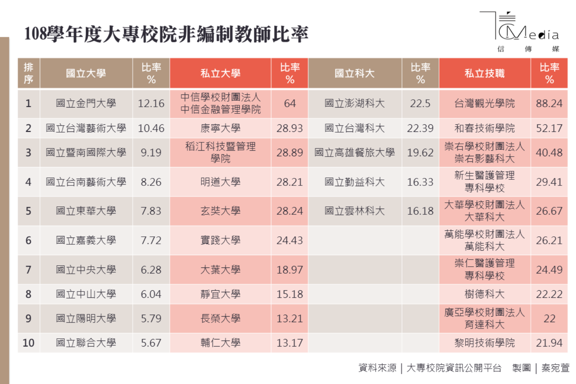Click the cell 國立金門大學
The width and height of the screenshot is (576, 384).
(x=86, y=103)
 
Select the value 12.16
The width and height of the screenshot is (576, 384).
(x=151, y=103)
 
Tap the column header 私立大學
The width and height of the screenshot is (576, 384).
(x=220, y=73)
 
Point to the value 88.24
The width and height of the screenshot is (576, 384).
(x=549, y=103)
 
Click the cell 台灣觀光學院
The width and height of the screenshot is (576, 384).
(x=484, y=103)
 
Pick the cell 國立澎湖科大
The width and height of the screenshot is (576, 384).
(x=354, y=103)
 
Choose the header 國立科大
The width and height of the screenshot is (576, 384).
(x=354, y=73)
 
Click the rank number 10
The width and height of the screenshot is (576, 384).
(x=28, y=343)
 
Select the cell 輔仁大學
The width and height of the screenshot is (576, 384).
(x=220, y=343)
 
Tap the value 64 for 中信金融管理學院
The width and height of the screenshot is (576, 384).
(x=289, y=103)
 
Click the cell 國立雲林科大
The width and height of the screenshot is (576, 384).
(x=354, y=211)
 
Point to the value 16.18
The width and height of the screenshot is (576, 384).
(x=420, y=211)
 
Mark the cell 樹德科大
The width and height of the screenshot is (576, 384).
(x=484, y=294)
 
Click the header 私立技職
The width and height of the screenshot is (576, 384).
(x=484, y=73)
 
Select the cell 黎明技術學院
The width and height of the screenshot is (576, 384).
(x=484, y=343)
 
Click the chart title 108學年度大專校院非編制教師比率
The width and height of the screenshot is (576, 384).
(x=166, y=34)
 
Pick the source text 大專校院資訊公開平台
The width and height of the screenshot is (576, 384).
(x=454, y=368)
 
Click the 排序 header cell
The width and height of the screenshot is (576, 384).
(x=28, y=73)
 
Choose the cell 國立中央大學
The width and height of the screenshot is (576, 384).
(x=86, y=270)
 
